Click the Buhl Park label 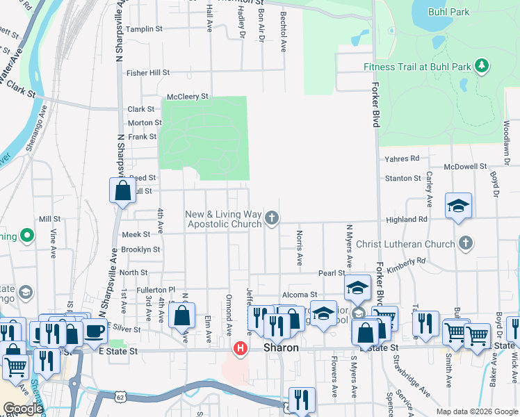450,12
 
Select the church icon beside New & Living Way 272,219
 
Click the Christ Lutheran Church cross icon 465,243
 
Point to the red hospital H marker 241,347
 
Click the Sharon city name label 281,347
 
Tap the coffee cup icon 95,329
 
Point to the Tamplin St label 145,29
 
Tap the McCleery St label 188,97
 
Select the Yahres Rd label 403,158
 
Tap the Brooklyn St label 140,250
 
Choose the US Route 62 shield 115,399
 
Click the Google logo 23,409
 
